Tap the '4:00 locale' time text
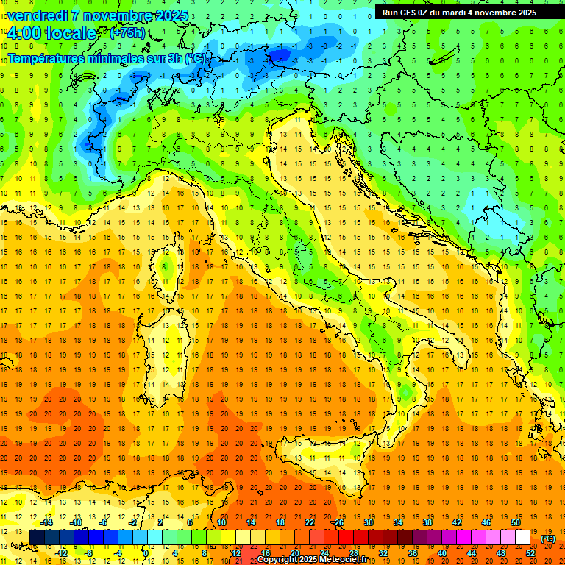[51, 33]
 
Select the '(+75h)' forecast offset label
[127, 33]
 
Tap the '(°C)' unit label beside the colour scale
[548, 539]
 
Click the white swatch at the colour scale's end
[522, 538]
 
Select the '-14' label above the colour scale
[46, 522]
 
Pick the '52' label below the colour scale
[530, 553]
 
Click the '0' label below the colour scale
[146, 553]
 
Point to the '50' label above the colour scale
[516, 522]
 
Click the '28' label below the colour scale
[353, 553]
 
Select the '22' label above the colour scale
[309, 522]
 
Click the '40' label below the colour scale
[442, 553]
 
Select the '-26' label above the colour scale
[338, 522]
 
